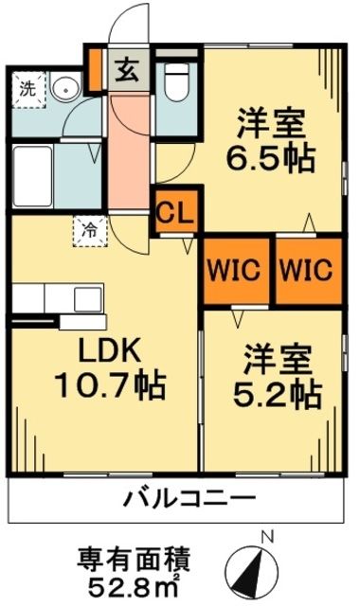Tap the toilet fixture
click(175, 84)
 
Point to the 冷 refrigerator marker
click(91, 229)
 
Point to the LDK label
click(99, 351)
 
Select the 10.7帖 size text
click(104, 386)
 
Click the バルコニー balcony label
click(189, 498)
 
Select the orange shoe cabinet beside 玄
click(95, 67)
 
